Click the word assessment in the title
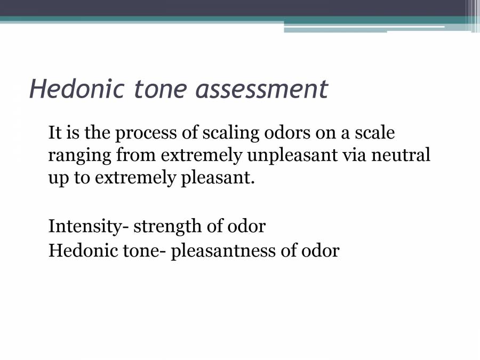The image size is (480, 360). click(x=262, y=89)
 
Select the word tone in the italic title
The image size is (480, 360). click(x=160, y=89)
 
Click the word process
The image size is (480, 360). click(x=146, y=134)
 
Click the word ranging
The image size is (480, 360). click(x=79, y=156)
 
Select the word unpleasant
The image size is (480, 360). click(x=292, y=156)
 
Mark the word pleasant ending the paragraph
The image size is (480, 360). click(x=218, y=178)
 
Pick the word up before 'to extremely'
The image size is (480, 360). click(x=59, y=179)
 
